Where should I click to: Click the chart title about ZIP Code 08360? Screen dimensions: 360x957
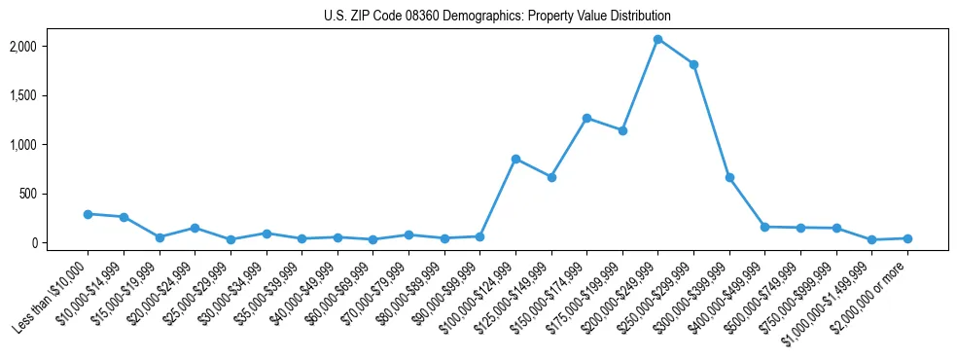pyautogui.click(x=497, y=16)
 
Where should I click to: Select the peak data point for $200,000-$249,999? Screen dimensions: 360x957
pyautogui.click(x=658, y=39)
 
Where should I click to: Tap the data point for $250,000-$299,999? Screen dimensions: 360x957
pyautogui.click(x=693, y=64)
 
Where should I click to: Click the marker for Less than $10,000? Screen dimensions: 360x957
pyautogui.click(x=88, y=214)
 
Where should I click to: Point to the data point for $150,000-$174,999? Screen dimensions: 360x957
pyautogui.click(x=586, y=118)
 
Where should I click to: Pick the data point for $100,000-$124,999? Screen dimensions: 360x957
pyautogui.click(x=515, y=159)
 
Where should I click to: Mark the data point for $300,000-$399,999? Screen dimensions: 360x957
pyautogui.click(x=729, y=177)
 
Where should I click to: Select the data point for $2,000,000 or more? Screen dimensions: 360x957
pyautogui.click(x=907, y=238)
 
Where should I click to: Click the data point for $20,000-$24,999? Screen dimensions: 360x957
pyautogui.click(x=195, y=228)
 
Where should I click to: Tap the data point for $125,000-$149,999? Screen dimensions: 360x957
pyautogui.click(x=551, y=177)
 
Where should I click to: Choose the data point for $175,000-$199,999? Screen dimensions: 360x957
pyautogui.click(x=622, y=130)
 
